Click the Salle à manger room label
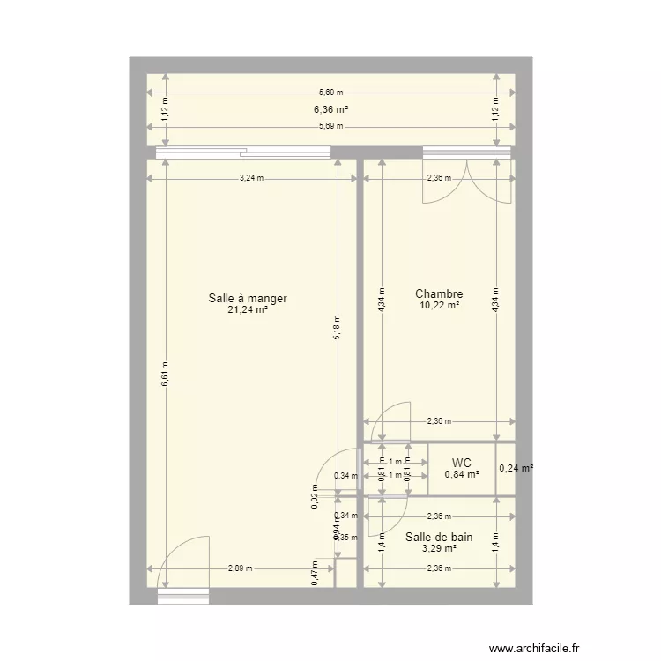(248, 299)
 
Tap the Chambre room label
(439, 294)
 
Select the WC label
(462, 463)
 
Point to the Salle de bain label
(439, 537)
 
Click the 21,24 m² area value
(248, 310)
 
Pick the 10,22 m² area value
(439, 306)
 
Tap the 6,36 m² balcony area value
(330, 110)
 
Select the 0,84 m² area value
(462, 474)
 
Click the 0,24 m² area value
(516, 469)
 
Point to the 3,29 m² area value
(439, 548)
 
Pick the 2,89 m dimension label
(239, 568)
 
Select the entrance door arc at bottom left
(183, 564)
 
